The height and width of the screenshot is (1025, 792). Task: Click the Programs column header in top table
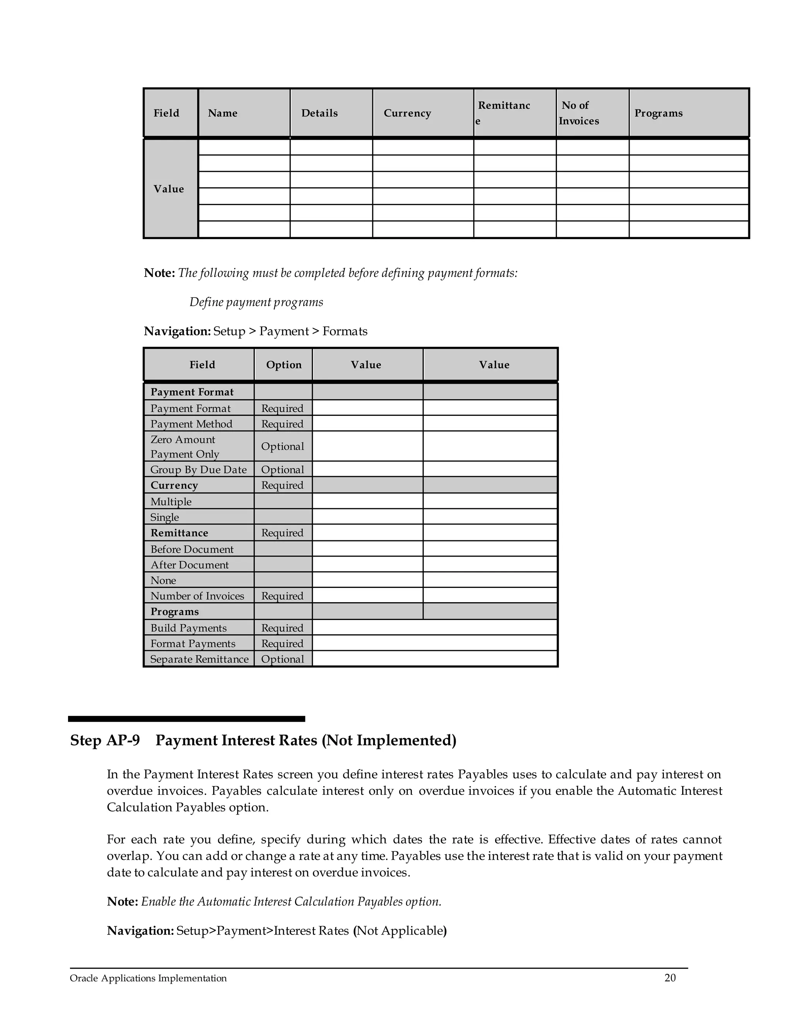pos(658,113)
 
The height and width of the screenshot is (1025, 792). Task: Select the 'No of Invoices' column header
pos(579,113)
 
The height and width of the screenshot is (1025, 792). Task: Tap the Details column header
pos(319,113)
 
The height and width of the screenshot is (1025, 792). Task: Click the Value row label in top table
pos(169,189)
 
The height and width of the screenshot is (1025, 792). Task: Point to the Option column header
pos(284,365)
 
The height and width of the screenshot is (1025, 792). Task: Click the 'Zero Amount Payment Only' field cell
pos(185,446)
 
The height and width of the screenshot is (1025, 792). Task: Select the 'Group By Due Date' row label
pos(198,469)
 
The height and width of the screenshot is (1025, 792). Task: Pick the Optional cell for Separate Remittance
pos(282,659)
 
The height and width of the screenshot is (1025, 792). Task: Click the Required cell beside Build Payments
pos(282,627)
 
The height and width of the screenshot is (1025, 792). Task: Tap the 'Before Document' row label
pos(192,548)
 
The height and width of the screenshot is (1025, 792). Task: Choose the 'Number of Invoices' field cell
pos(197,596)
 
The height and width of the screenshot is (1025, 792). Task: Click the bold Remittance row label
pos(179,533)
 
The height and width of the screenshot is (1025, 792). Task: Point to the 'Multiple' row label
pos(171,501)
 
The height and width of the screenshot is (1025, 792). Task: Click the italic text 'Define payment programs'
pos(256,302)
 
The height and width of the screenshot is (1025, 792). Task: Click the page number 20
pos(670,978)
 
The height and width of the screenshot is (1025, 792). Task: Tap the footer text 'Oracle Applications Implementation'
pos(148,979)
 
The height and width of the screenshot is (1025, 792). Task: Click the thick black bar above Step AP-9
pos(186,719)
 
